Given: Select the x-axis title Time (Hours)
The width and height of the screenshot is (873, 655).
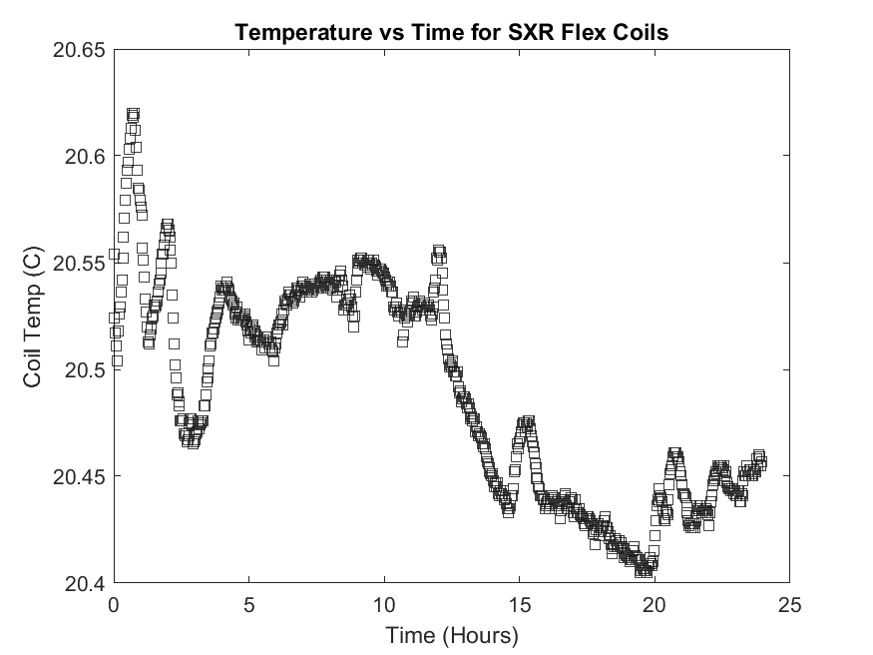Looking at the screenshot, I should (x=451, y=634).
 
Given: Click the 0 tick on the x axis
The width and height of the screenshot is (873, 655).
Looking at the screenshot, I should (x=114, y=605).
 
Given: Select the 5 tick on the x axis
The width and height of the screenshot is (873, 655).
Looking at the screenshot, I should (x=248, y=605).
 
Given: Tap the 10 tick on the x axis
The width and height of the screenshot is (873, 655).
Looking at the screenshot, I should (x=384, y=605).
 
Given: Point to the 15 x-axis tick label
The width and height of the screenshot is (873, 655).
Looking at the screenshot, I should (x=519, y=605).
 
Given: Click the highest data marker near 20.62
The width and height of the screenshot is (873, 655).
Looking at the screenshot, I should (x=133, y=115).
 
